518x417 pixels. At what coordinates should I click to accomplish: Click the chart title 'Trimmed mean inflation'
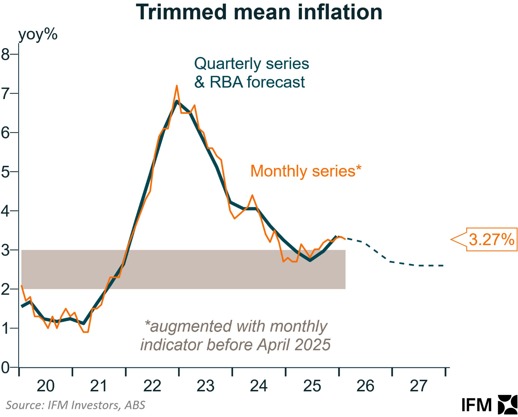(x=259, y=12)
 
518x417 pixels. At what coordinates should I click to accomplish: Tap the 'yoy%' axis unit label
(x=38, y=35)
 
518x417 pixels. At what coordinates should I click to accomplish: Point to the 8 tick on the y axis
(x=6, y=54)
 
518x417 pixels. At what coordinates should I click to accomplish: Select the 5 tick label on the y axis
(x=6, y=172)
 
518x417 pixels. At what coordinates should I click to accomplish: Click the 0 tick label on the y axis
(x=6, y=368)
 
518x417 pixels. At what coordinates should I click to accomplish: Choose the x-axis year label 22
(x=152, y=386)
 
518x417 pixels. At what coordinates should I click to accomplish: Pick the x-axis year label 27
(x=419, y=386)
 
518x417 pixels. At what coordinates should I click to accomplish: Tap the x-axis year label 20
(x=46, y=386)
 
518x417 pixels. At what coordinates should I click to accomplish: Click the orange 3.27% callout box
(x=491, y=240)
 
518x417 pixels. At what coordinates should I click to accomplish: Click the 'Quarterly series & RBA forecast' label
(x=251, y=73)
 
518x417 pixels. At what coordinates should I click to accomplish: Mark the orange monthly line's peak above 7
(x=177, y=86)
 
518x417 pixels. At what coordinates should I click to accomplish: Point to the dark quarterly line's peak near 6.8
(x=177, y=102)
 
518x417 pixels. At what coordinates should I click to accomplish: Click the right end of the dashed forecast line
(x=444, y=266)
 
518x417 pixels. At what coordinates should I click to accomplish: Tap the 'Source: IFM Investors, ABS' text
(x=76, y=405)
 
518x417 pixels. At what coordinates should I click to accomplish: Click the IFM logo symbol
(x=508, y=405)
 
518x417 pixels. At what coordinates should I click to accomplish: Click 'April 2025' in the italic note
(x=294, y=345)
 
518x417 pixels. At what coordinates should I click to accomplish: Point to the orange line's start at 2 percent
(x=22, y=286)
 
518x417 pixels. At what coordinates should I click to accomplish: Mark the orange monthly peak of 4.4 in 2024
(x=252, y=195)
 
